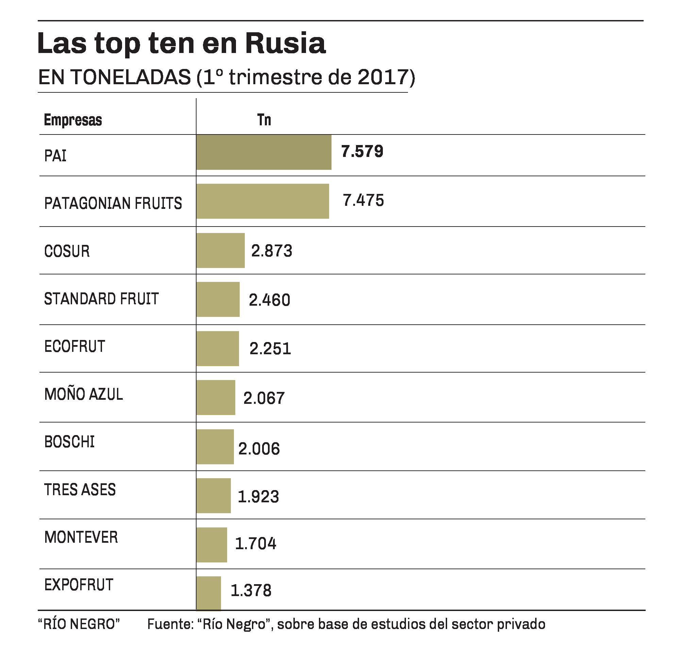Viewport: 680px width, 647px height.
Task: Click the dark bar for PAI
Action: tap(263, 152)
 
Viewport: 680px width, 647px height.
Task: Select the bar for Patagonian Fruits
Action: tap(262, 201)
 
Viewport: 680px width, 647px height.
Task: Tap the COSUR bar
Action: tap(220, 250)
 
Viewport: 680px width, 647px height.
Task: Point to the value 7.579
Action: tap(362, 151)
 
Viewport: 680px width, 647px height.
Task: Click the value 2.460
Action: tap(269, 300)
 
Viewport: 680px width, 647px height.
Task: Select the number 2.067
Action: tap(264, 398)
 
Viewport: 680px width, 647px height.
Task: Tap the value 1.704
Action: tap(255, 543)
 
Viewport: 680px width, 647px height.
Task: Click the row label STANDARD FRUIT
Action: tap(101, 299)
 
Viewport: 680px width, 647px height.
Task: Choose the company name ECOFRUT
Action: tap(74, 346)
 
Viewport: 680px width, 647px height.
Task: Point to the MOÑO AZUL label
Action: tap(84, 394)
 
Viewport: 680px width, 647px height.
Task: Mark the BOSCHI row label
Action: tap(69, 442)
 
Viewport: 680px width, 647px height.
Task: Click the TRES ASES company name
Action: tap(80, 489)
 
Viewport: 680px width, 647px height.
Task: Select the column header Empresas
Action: tap(73, 120)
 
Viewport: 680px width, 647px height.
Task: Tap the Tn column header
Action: tap(264, 120)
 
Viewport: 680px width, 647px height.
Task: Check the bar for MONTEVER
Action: tap(211, 545)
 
